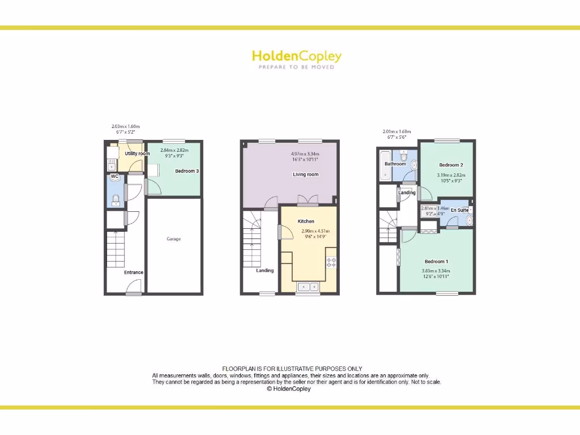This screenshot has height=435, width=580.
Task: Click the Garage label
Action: tap(173, 239)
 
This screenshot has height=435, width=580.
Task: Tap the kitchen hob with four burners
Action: tap(331, 263)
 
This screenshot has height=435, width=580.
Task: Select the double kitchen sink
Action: tap(308, 287)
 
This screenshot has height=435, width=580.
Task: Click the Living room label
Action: tap(306, 174)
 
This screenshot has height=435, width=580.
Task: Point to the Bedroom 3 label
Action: tap(186, 171)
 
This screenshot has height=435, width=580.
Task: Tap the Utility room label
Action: tap(137, 153)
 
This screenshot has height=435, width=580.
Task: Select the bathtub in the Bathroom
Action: tap(386, 166)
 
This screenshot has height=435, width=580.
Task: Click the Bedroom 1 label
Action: tap(437, 261)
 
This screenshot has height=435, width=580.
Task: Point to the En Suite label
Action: tap(459, 210)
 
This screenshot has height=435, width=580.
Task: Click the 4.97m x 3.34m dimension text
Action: tap(305, 154)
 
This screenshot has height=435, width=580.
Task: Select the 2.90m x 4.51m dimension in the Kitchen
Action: tap(315, 231)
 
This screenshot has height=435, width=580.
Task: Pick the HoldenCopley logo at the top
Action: tap(297, 56)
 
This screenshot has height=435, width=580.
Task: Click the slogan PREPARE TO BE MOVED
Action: tap(297, 67)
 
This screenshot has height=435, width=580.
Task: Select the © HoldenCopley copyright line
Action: tap(289, 389)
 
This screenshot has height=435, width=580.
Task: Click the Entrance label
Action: tap(134, 272)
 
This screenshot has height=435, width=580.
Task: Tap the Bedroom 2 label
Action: tap(451, 165)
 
